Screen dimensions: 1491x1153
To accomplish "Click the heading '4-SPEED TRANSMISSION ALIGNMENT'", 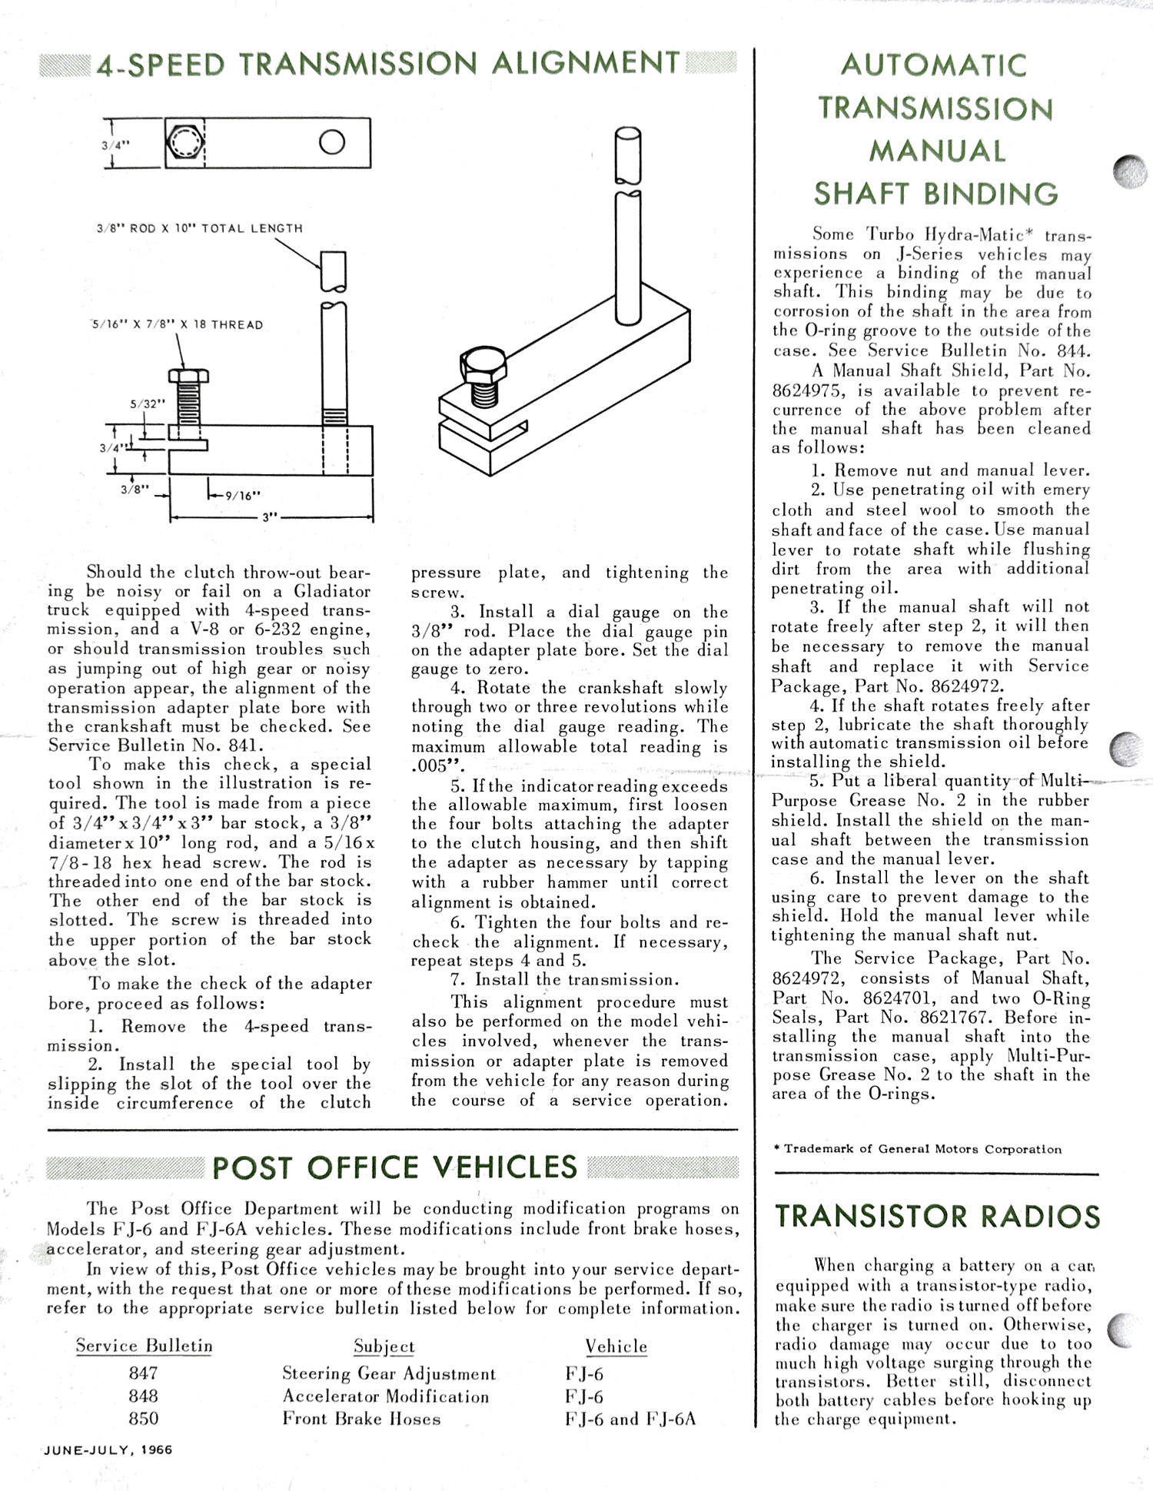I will pos(389,63).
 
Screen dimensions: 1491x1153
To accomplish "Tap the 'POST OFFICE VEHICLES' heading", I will pos(394,1167).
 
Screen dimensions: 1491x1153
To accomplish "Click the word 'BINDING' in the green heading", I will pos(996,194).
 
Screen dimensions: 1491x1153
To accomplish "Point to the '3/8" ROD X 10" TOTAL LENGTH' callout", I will pos(200,228).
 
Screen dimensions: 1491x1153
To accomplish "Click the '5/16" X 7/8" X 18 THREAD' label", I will pos(178,325).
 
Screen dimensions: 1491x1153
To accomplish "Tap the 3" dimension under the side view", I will pos(269,517).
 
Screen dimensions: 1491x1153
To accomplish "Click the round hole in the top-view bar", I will pos(332,142).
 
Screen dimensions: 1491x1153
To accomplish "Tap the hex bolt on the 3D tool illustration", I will pos(483,368).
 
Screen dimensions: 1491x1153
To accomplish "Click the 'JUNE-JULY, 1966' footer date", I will pos(108,1450).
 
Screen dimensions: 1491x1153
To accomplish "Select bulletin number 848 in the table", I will pos(144,1396).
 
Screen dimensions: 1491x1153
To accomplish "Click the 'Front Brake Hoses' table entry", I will pos(361,1419).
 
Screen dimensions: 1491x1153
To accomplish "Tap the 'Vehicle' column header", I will pos(616,1347).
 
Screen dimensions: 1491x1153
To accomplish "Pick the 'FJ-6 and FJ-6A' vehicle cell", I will pos(630,1419).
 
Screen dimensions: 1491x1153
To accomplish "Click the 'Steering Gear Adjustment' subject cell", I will pos(389,1373).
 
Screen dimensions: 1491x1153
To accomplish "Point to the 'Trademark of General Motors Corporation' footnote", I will pos(919,1150).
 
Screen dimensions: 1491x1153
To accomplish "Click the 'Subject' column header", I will pos(384,1347).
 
